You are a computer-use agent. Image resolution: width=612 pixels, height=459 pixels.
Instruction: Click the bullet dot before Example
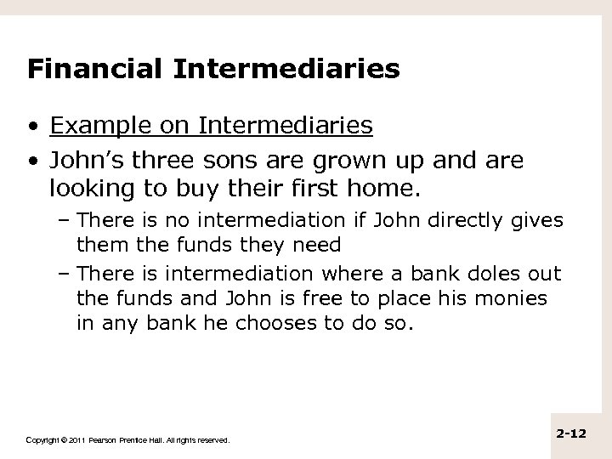[x=33, y=127]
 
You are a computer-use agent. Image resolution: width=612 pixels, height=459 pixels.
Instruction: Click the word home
[x=371, y=186]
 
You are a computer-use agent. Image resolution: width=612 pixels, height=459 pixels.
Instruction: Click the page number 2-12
[x=575, y=433]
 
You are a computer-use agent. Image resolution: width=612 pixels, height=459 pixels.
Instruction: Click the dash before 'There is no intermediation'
[x=66, y=221]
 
